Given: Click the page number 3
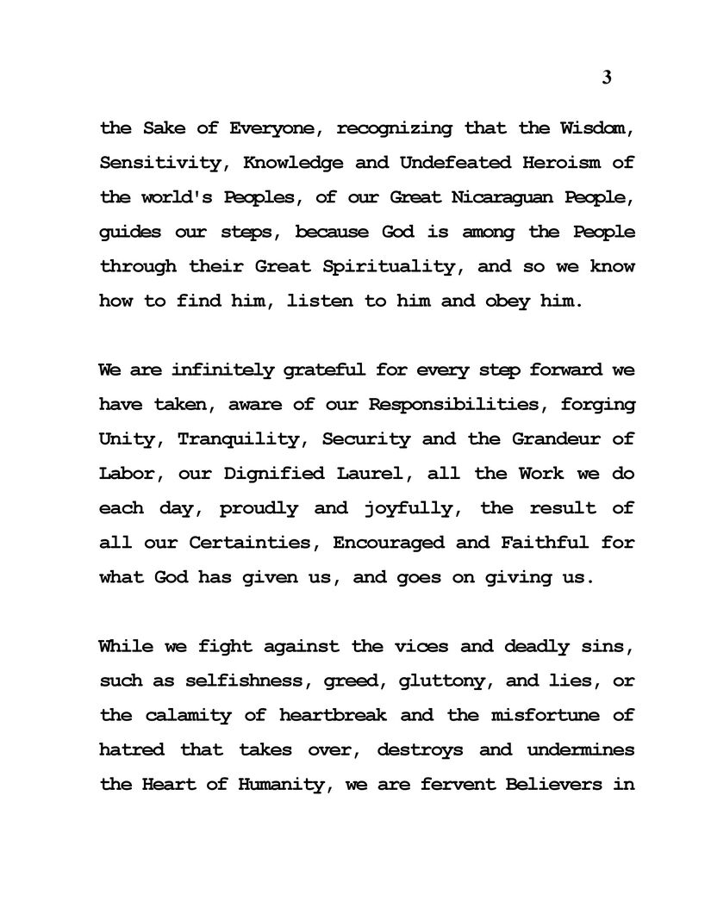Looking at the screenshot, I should point(607,78).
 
